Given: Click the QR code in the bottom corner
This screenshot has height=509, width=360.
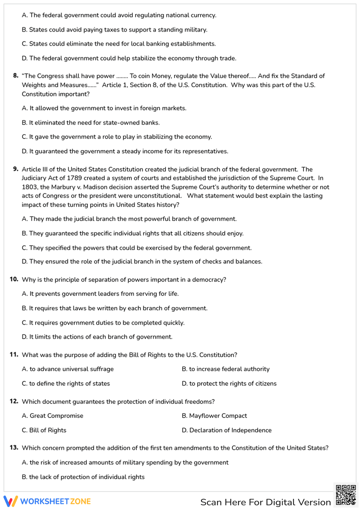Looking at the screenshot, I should point(346,495).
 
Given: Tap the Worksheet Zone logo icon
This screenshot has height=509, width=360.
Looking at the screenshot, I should point(10,501).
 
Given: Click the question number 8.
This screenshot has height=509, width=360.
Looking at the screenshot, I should point(16,76).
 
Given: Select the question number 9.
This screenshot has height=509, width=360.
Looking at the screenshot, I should point(16,169).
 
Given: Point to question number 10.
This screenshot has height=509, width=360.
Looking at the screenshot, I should point(14,279).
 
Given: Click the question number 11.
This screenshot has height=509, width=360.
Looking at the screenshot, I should point(14,355).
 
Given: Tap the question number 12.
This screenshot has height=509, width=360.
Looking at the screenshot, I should point(14,401).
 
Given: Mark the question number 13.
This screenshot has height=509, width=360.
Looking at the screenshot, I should point(14,448).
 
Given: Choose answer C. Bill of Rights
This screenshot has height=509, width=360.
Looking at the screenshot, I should point(44,430).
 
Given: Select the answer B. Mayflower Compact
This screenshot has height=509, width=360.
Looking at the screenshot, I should point(214,416).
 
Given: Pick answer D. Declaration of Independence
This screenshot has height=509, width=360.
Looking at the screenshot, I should point(226,430).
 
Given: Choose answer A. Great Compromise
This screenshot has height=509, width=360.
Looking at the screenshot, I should point(53,416).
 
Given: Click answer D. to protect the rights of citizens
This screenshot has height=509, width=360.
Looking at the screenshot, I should point(229,384).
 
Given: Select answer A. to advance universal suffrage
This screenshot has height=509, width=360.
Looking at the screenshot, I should point(68,369).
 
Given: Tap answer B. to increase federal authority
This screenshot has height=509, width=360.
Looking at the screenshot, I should point(225,369).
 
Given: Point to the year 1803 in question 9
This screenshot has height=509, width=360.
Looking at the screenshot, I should point(30,187).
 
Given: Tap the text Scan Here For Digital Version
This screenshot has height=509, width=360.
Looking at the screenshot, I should point(265,502).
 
